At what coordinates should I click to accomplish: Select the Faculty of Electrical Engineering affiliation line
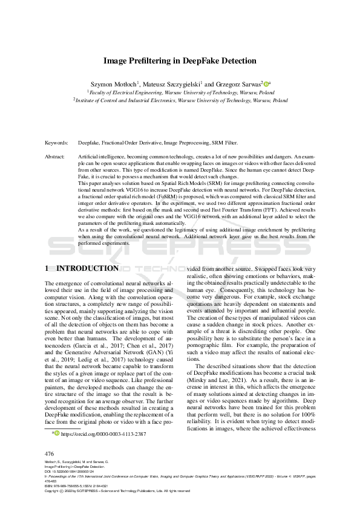tap(180, 92)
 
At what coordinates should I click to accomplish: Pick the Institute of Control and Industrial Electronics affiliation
tap(180, 101)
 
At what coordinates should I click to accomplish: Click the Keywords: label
tap(56, 143)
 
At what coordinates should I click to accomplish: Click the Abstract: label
tap(55, 157)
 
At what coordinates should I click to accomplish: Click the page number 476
tap(50, 453)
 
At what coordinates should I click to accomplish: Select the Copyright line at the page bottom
tap(119, 490)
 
